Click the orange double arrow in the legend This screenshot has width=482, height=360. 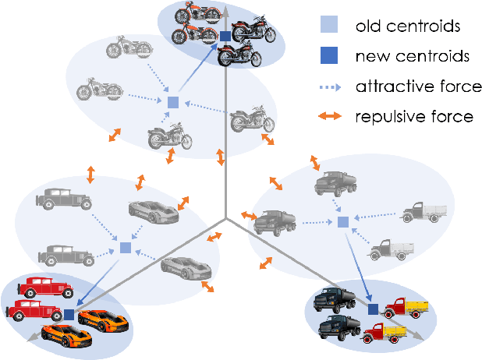coord(331,117)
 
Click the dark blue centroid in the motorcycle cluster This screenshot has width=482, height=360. coord(225,37)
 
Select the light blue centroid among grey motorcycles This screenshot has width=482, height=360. coord(174,102)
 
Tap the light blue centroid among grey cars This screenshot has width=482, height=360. coord(125,248)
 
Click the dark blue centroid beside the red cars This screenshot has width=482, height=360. coord(69,314)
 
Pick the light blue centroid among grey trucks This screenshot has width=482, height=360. coord(342,223)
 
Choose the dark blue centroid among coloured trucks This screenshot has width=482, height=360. coord(373,309)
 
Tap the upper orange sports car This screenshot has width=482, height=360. coord(101,318)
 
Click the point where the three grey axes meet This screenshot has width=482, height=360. coord(226,219)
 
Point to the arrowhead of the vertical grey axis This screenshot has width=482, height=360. coord(225,8)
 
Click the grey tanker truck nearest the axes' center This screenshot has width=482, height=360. coord(273,221)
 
